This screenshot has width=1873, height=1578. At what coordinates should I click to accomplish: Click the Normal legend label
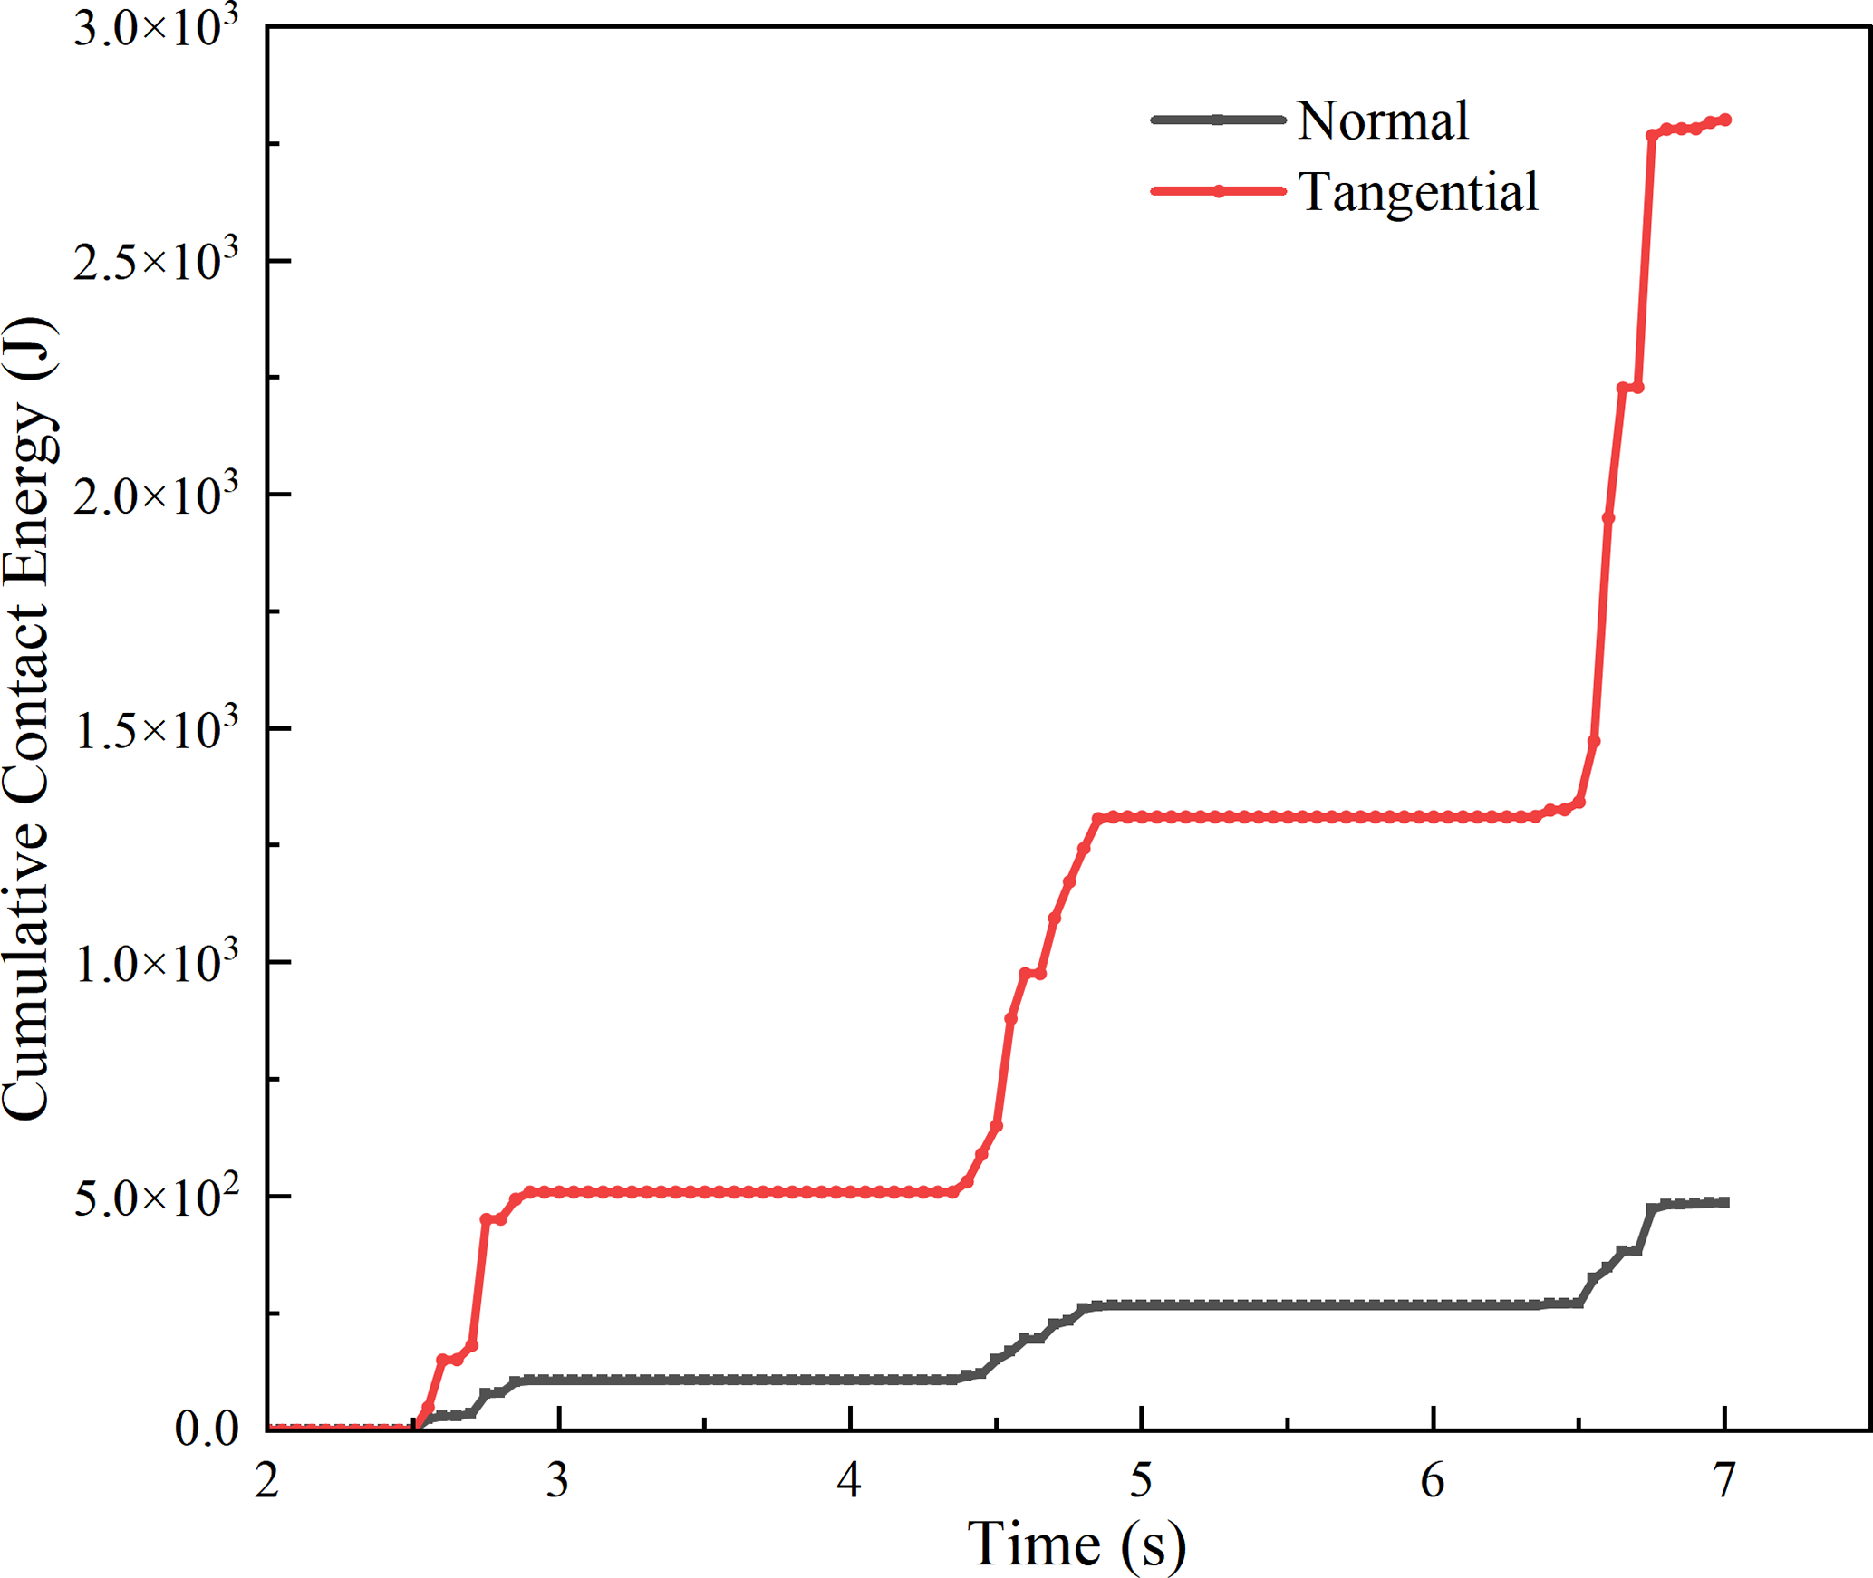tap(1382, 120)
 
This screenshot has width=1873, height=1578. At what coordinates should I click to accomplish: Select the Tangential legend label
tap(1417, 192)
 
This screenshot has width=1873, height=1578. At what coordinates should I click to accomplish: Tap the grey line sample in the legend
tap(1218, 120)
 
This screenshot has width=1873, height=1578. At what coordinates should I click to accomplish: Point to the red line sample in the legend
tap(1218, 191)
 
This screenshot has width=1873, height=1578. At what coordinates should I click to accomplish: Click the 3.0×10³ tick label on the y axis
tap(156, 27)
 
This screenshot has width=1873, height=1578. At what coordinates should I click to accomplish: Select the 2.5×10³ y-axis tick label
tap(156, 261)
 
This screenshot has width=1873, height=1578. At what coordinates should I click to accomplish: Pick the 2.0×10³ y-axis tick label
tap(156, 495)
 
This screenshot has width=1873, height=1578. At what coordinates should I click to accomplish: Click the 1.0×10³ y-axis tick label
tap(156, 962)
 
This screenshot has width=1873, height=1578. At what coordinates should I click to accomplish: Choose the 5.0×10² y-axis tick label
tap(156, 1196)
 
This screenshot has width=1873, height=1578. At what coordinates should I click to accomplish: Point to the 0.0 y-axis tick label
tap(207, 1429)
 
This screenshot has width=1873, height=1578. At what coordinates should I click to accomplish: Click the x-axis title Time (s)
tap(1076, 1544)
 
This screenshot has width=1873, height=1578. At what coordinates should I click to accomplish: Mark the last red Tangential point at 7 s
tap(1724, 120)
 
